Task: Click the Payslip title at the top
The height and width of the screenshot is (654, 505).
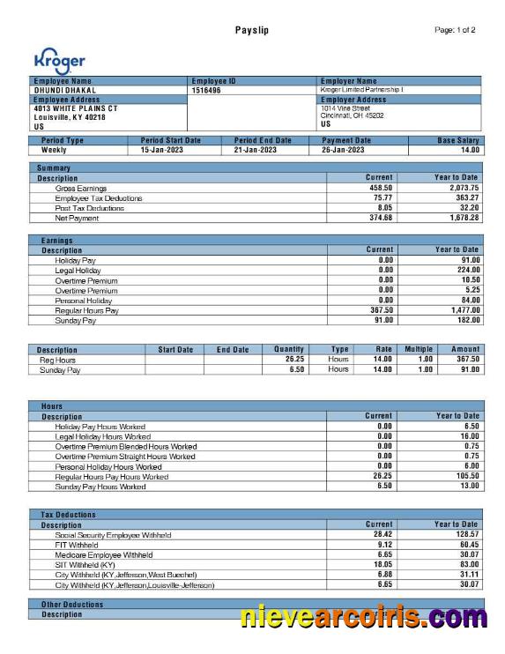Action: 252,31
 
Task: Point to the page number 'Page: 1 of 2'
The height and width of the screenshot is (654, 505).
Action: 455,31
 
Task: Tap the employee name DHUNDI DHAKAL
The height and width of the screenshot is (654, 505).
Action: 65,90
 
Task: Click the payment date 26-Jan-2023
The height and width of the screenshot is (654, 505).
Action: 343,150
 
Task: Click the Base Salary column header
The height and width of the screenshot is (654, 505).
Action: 458,140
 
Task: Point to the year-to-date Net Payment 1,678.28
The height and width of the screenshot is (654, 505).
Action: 459,218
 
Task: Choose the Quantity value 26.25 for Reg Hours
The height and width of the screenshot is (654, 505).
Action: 294,360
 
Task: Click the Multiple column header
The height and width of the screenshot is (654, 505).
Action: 419,350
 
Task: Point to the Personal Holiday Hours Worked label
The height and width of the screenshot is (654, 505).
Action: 108,466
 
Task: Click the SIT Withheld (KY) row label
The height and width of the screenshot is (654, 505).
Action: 85,564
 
